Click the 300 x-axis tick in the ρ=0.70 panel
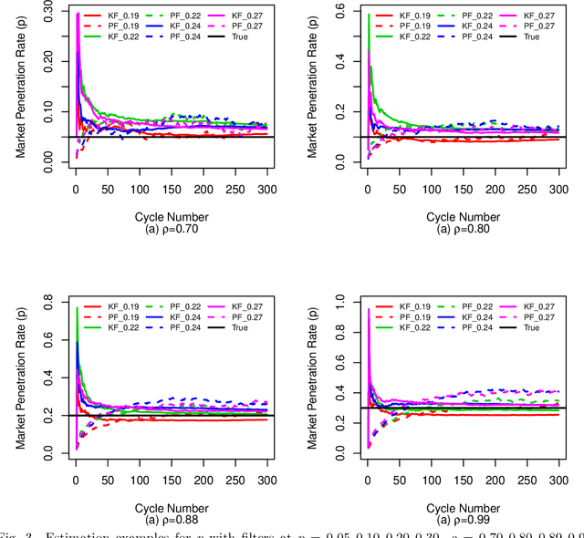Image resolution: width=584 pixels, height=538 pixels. click(266, 189)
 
